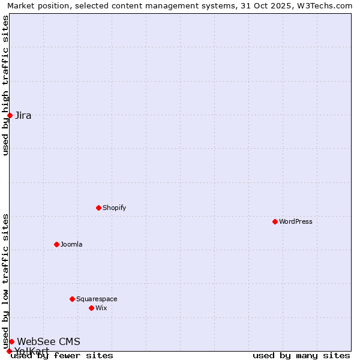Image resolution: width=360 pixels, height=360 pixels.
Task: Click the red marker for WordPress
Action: point(275,221)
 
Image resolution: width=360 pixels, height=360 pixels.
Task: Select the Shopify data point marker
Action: point(98,208)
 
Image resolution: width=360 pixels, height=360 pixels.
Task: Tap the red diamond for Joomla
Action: point(56,244)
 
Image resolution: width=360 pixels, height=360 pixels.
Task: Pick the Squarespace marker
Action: point(72,299)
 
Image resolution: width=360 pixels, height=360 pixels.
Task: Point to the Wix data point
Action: point(91,308)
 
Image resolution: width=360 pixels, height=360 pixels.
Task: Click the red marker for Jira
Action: point(10,115)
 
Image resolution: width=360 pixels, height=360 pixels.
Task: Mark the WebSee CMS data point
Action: point(11,341)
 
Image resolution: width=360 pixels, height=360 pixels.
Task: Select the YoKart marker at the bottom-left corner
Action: point(9,351)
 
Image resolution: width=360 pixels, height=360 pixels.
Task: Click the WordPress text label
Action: point(295,221)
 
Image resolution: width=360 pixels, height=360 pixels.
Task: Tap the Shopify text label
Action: point(114,208)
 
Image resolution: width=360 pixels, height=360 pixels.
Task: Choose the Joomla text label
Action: point(71,244)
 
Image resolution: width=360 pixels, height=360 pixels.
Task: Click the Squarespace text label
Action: point(97,299)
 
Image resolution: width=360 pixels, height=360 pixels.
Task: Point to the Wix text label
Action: point(101,308)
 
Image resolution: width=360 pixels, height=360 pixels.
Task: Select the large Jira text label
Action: point(23,115)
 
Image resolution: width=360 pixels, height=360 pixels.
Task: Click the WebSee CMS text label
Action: point(49,341)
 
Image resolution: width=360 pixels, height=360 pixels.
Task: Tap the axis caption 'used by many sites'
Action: point(301,355)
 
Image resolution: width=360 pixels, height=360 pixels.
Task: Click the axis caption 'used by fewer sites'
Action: point(62,355)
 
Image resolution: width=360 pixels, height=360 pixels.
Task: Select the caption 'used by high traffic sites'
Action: point(6,85)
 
